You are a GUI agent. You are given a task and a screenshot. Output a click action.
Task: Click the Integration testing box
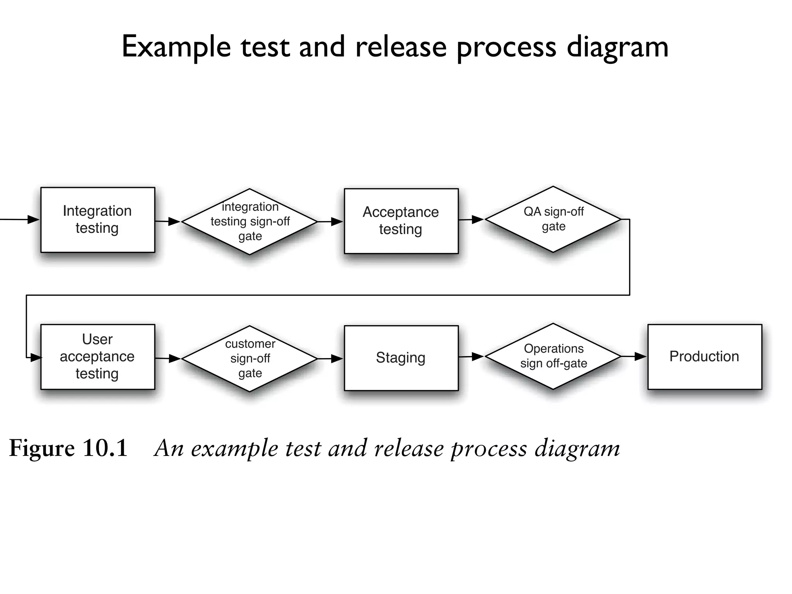97,220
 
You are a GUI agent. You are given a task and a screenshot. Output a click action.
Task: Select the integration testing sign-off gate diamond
250,222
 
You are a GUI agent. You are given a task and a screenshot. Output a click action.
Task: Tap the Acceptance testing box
401,221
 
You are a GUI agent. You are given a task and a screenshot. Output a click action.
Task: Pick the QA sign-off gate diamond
553,219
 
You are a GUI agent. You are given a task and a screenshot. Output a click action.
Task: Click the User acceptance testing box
97,357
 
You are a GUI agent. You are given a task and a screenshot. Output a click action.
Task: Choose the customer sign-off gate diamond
250,358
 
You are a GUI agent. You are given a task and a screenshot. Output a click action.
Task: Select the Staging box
401,358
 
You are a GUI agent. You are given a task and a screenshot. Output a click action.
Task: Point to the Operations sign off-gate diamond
553,356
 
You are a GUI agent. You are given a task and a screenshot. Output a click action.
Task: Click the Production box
704,357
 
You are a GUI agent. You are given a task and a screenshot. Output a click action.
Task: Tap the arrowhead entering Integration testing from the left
34,220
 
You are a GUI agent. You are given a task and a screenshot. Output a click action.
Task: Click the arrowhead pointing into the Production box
640,356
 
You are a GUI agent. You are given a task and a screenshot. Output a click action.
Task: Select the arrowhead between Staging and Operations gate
478,356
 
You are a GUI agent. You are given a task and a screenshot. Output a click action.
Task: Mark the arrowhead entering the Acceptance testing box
337,222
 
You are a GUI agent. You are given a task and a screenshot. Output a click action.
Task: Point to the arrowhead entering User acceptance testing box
36,358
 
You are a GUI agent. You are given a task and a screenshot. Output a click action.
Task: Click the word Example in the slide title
176,47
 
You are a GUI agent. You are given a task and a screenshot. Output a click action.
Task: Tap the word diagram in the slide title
617,47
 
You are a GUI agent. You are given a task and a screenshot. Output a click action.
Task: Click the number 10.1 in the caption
105,448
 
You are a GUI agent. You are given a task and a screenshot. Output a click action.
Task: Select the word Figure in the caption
41,448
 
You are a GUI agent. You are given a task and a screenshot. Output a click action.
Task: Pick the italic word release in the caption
409,448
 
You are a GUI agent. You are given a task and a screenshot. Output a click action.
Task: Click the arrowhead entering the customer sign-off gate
174,358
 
